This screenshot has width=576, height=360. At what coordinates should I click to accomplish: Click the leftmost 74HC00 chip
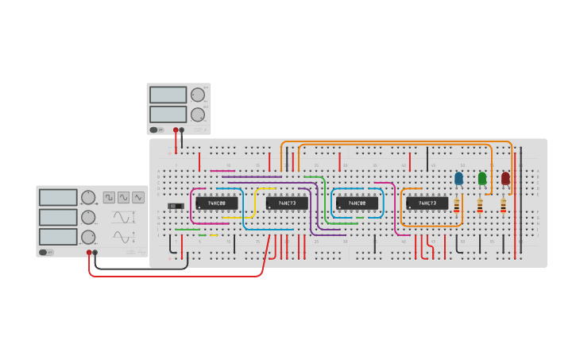(217, 203)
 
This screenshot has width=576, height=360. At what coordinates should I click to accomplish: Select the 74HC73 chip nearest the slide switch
(287, 203)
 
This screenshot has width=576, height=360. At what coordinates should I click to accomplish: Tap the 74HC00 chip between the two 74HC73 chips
(357, 203)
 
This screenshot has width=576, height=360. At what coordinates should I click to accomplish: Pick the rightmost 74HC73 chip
(427, 203)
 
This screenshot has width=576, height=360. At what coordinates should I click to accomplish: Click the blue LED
(458, 178)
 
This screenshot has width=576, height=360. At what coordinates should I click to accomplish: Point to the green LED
(482, 178)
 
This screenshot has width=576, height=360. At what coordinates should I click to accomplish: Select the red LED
(505, 178)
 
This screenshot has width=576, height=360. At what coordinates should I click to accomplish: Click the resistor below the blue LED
(456, 205)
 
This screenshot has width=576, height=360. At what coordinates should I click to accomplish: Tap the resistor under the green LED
(480, 205)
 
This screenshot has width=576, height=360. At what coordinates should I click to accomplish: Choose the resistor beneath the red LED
(503, 205)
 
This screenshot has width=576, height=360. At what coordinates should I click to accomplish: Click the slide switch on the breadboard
(176, 207)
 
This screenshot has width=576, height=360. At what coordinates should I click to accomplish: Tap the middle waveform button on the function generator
(124, 197)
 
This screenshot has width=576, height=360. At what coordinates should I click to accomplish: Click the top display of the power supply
(168, 95)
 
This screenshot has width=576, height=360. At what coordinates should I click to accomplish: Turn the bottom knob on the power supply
(197, 114)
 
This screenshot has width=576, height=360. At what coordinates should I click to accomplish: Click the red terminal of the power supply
(176, 129)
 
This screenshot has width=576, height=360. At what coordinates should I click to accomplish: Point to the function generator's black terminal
(95, 253)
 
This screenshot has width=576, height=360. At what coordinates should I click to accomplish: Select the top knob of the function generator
(88, 197)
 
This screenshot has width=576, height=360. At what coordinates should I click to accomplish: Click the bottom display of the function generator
(58, 237)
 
